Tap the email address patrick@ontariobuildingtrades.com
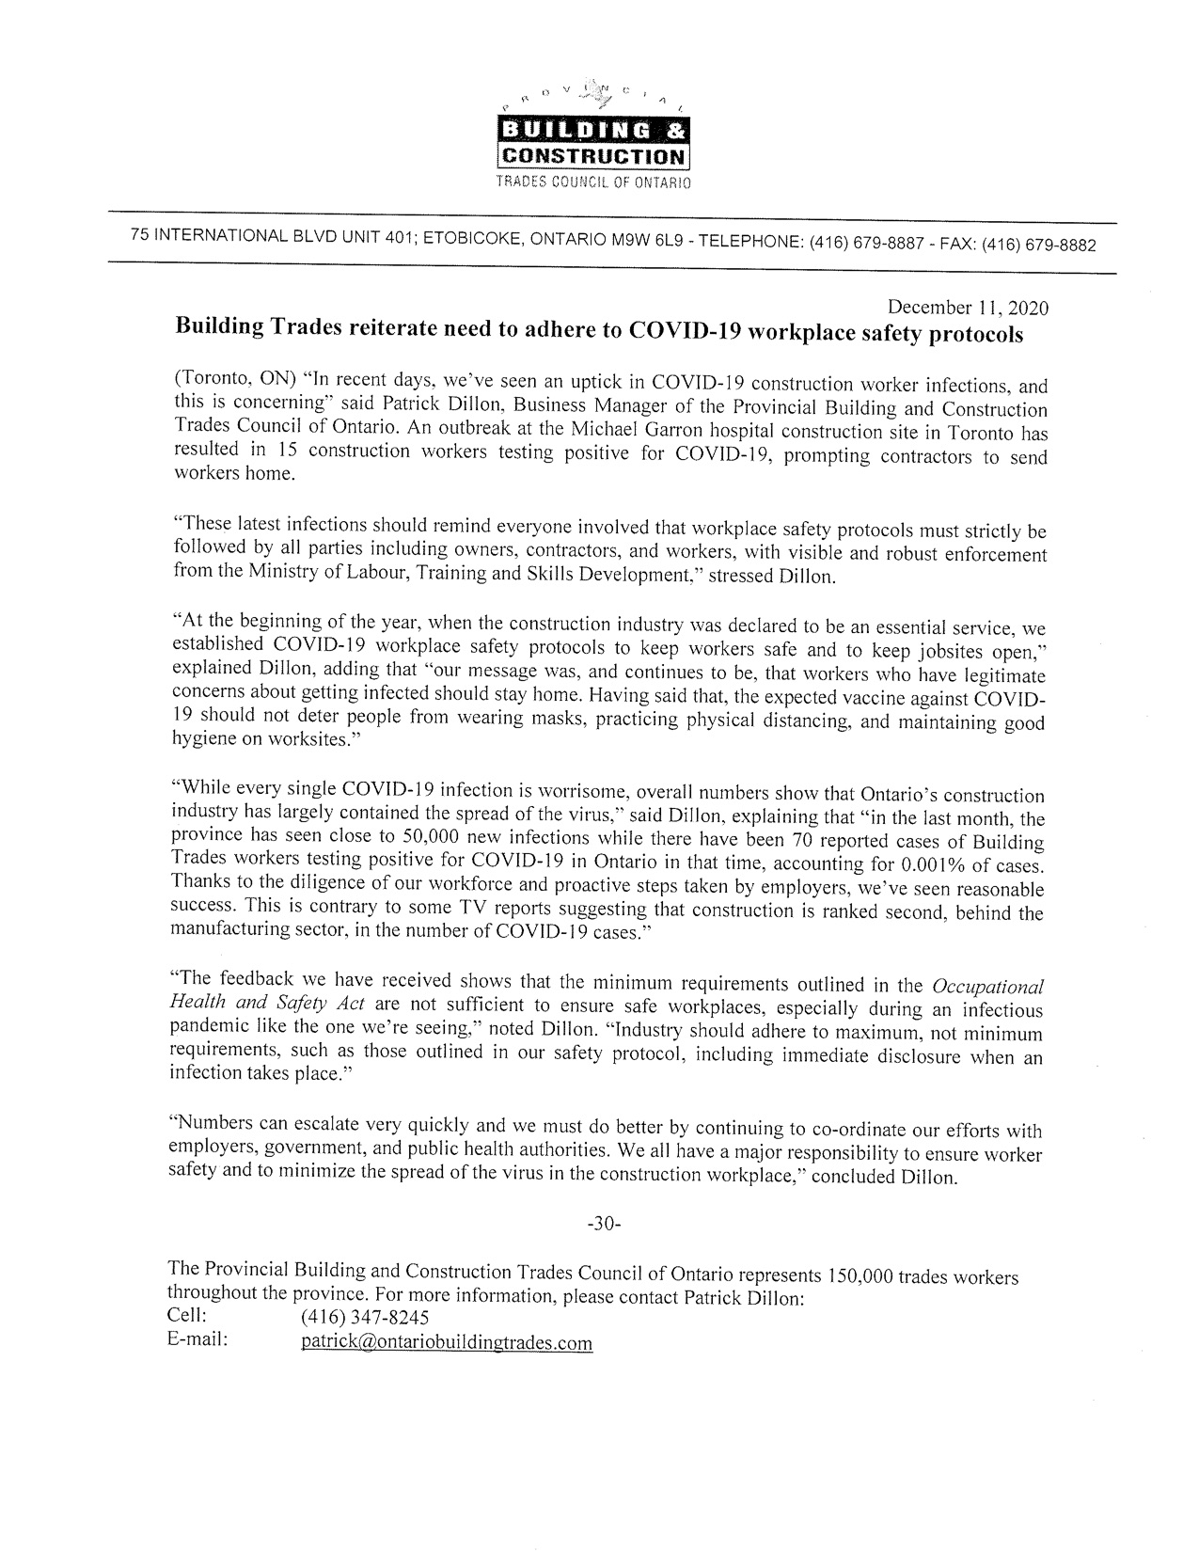pyautogui.click(x=447, y=1343)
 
